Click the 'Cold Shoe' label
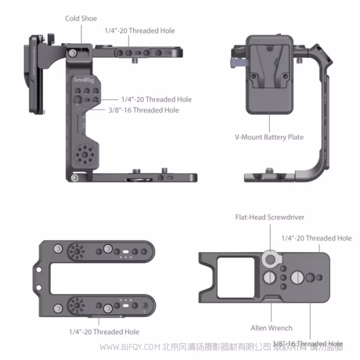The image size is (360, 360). pyautogui.click(x=80, y=19)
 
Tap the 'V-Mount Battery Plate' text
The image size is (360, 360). pyautogui.click(x=269, y=137)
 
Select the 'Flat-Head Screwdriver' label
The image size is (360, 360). pyautogui.click(x=270, y=217)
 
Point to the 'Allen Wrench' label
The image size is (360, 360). pyautogui.click(x=271, y=328)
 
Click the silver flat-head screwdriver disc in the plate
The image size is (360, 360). pyautogui.click(x=270, y=260)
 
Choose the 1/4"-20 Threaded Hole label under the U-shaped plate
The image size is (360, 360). pyautogui.click(x=104, y=332)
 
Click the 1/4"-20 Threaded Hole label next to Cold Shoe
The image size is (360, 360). pyautogui.click(x=140, y=31)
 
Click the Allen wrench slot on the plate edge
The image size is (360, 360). pyautogui.click(x=271, y=300)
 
